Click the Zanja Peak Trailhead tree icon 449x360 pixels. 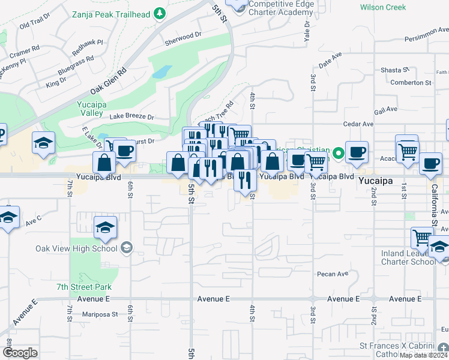[x=159, y=13]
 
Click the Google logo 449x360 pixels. [x=20, y=352]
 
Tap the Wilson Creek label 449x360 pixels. [x=383, y=8]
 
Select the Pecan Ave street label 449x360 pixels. [x=333, y=274]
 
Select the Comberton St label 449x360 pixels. [x=411, y=83]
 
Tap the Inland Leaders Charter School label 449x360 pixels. [x=408, y=257]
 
